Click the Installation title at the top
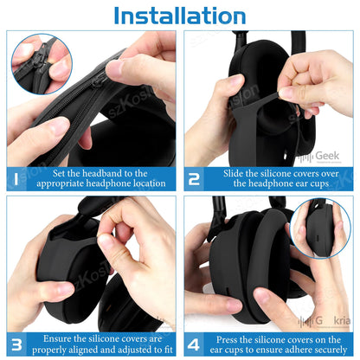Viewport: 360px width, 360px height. point(179,16)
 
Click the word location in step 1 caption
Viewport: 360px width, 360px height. point(151,183)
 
